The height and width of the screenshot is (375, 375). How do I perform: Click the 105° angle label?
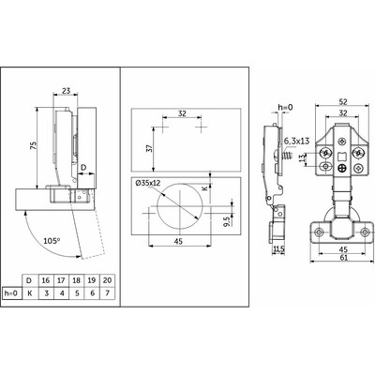tap(52, 241)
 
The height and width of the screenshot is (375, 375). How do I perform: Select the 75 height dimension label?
tap(33, 146)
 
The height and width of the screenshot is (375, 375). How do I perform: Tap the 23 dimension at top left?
tap(66, 91)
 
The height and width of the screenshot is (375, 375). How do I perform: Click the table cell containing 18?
tap(77, 280)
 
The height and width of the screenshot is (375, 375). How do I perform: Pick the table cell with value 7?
tap(107, 293)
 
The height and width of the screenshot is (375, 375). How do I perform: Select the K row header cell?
tap(30, 293)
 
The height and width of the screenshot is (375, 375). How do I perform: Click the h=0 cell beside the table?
tap(12, 293)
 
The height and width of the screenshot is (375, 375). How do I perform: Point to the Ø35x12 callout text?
tap(148, 183)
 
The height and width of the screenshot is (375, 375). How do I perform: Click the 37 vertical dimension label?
tap(149, 148)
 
